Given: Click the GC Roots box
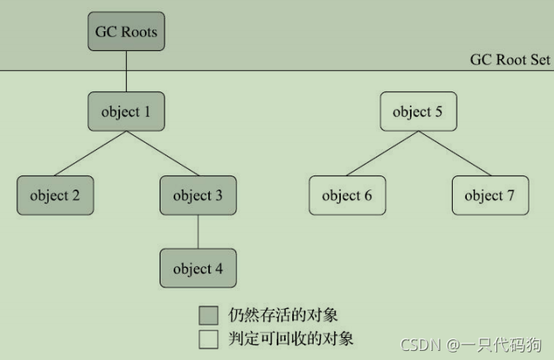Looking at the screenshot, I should click(126, 33).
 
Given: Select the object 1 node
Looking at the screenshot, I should click(126, 111).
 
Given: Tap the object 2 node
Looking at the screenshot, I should click(55, 196).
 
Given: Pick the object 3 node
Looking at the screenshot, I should click(198, 196).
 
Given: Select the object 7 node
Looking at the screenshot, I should click(489, 196).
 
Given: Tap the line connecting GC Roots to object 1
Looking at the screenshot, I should click(126, 72).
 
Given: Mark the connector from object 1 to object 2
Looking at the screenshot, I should click(91, 153).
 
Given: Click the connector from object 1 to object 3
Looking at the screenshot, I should click(162, 153).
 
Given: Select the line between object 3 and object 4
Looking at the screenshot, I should click(198, 232).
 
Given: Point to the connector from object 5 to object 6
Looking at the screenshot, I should click(382, 153).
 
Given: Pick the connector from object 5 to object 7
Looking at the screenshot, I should click(454, 153).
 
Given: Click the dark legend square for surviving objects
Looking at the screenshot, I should click(208, 315).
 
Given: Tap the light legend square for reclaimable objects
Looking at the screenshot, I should click(208, 339).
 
